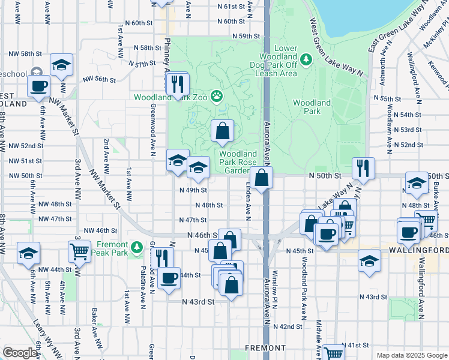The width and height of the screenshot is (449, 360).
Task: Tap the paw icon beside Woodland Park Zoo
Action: coord(216,96)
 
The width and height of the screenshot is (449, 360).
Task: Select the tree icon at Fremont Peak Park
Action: coord(136,247)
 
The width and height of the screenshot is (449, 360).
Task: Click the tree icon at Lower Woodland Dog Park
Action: coord(306,59)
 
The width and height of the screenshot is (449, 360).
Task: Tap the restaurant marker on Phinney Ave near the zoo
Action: coord(176,83)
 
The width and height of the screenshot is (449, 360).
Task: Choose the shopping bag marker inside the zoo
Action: coord(222,131)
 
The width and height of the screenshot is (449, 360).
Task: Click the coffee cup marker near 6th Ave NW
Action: coord(39,86)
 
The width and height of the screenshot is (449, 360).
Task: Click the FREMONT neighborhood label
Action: coord(265,348)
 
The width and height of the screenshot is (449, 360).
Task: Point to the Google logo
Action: coord(19,353)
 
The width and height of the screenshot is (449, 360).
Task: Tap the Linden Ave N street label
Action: coord(248,201)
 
